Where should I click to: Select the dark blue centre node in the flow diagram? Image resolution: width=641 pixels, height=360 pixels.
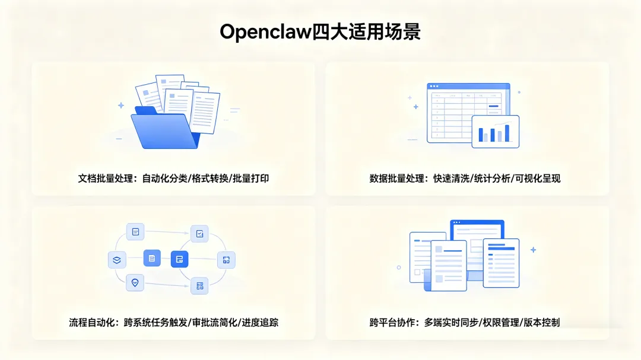coord(179,259)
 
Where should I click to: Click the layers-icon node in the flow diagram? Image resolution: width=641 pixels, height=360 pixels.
coord(117,259)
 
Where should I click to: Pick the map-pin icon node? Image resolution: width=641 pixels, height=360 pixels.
coord(135,282)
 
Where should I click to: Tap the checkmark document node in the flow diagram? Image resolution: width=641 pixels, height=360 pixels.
coord(199,234)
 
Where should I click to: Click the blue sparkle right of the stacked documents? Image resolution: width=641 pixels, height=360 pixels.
coord(533,250)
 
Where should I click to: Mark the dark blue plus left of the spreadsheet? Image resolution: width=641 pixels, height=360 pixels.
coord(415,107)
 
